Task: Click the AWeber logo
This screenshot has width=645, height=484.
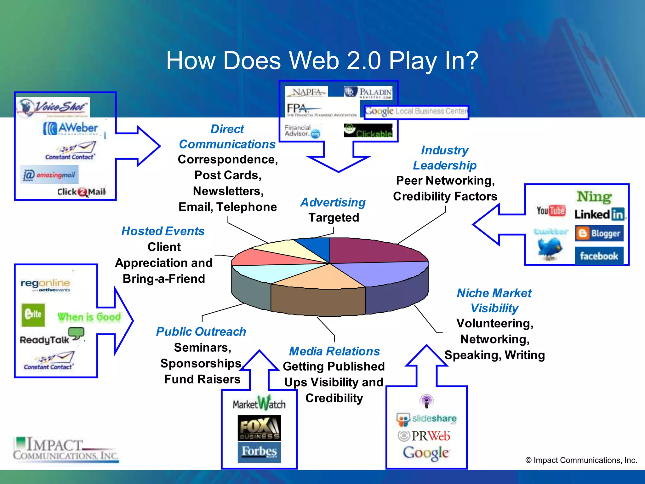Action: pos(71,129)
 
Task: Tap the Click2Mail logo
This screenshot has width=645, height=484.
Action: pos(82,192)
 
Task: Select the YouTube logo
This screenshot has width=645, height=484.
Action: pos(551,211)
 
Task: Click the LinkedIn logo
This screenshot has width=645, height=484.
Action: pos(600,215)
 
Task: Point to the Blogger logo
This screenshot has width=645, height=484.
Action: pos(599,233)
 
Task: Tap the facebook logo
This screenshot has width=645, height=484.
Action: pos(599,256)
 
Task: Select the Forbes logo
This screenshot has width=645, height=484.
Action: pos(259,452)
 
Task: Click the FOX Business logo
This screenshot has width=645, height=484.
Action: pos(259,428)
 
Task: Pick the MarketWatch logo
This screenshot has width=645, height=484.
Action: pos(259,404)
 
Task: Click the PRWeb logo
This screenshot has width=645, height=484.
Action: pos(424,436)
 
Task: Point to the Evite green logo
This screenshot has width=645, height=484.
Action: pos(33,314)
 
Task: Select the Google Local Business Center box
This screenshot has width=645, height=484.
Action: pos(416,112)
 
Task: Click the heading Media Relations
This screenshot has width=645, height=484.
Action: pos(334,351)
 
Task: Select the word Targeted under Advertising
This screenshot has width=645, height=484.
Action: pos(334,218)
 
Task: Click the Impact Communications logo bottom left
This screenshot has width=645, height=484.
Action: pos(66,449)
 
